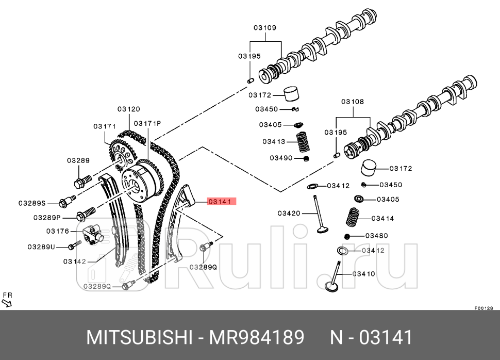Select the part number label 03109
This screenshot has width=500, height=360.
pos(264,27)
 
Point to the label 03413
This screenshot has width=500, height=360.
pos(274,141)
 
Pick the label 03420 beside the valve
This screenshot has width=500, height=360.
pos(289,213)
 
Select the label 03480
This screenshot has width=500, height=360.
pos(376,236)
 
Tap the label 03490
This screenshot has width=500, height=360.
pos(281,157)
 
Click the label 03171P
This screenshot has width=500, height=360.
pos(147,123)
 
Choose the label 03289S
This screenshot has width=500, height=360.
pos(32,203)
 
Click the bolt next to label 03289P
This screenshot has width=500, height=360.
pos(86,212)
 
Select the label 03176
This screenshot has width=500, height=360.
pos(57,231)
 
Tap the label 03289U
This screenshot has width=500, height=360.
pos(41,247)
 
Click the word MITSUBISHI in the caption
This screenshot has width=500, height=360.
pos(139,338)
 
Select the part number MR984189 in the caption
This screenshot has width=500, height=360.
pos(256,338)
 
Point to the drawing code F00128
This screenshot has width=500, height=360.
pos(484,308)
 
